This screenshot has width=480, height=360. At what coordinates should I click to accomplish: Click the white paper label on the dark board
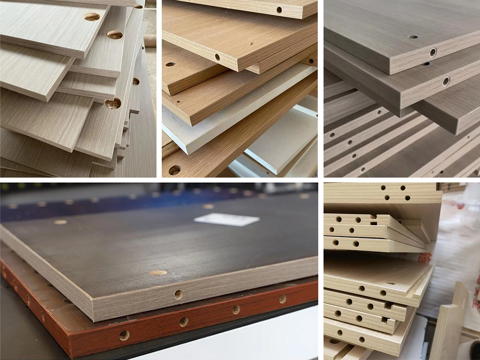click(227, 219)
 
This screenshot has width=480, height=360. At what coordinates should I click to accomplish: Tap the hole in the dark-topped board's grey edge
click(179, 294)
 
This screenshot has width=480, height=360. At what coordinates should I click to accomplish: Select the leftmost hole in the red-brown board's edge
click(124, 335)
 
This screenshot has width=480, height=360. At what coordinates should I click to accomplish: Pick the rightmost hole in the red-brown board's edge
click(282, 299)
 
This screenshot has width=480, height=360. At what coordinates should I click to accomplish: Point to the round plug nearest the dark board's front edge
click(158, 273)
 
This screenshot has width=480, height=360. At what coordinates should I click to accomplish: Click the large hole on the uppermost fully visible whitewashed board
click(92, 17)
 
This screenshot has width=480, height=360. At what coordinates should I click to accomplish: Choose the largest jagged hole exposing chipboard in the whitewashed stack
click(113, 103)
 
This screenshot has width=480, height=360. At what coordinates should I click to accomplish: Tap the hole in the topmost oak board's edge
click(279, 10)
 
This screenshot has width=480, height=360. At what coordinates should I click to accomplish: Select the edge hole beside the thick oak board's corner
click(217, 57)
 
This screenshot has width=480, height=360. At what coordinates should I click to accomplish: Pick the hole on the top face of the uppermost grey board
click(413, 36)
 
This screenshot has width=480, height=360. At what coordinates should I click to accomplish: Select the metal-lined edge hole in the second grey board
click(446, 81)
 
